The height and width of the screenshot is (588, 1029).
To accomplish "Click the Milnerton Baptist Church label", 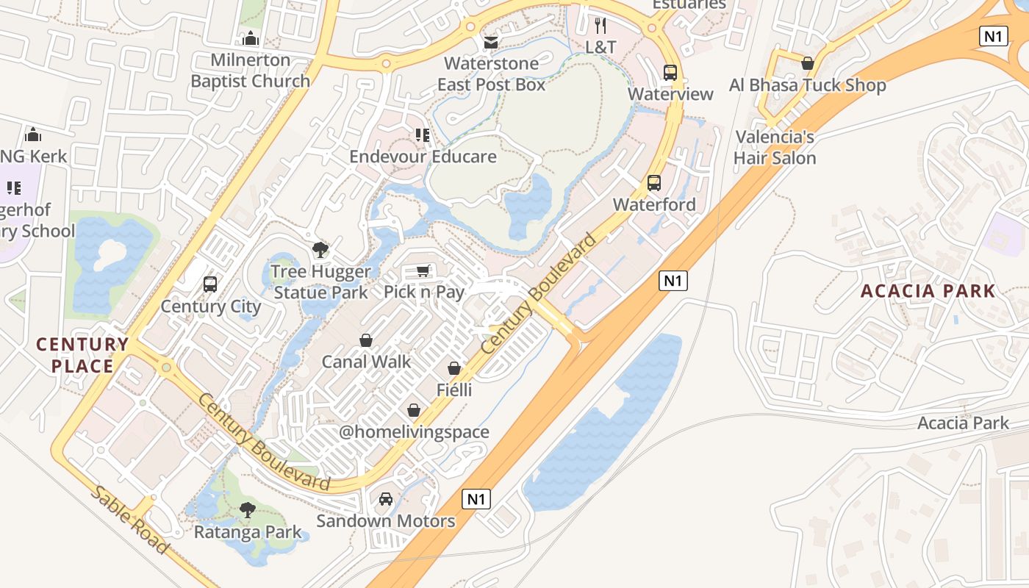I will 250,71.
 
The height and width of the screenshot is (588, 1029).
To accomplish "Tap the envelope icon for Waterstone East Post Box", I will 491,42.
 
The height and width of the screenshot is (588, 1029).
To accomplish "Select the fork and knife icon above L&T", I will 600,26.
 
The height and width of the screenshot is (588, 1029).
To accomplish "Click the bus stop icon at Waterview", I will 670,72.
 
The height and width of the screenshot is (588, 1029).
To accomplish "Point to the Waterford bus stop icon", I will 654,183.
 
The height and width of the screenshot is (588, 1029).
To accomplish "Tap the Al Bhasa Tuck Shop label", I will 807,85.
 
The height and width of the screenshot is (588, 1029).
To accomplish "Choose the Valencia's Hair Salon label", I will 775,148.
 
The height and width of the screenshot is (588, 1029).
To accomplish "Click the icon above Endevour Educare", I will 423,135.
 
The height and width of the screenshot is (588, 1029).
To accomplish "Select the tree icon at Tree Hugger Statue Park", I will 320,250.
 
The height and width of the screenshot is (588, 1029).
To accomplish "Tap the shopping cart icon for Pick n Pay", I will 423,271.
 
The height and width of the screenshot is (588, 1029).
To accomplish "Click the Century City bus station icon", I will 210,284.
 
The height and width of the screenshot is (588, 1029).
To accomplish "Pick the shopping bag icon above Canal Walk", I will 366,340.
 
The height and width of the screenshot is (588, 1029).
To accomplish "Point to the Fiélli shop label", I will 454,390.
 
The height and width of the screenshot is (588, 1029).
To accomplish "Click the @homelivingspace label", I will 414,432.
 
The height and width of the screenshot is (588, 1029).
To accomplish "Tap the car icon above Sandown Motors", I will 386,500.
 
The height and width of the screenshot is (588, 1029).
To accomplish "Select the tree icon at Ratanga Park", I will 248,510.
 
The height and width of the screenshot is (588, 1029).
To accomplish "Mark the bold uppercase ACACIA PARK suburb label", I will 928,291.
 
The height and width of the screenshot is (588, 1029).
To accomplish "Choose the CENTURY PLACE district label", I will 82,355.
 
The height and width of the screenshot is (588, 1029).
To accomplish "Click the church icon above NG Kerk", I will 33,135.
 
